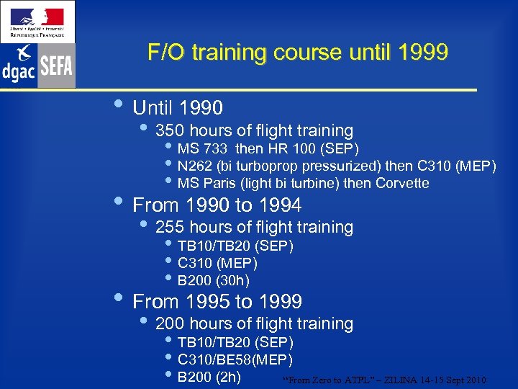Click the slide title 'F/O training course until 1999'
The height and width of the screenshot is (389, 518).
pos(298,53)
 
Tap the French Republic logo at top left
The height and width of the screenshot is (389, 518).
pos(37,20)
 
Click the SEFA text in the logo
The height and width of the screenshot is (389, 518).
pos(56,67)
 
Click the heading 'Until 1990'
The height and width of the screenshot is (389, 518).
pos(178,108)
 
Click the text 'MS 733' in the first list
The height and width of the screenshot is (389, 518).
pos(202,149)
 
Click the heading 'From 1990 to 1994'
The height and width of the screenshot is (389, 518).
pos(217,205)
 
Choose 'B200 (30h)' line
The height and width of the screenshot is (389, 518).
pos(213,280)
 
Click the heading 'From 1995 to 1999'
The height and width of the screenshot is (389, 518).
pos(217,301)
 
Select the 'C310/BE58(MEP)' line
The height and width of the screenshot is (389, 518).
pos(235,359)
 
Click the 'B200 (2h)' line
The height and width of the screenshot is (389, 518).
pos(209,376)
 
